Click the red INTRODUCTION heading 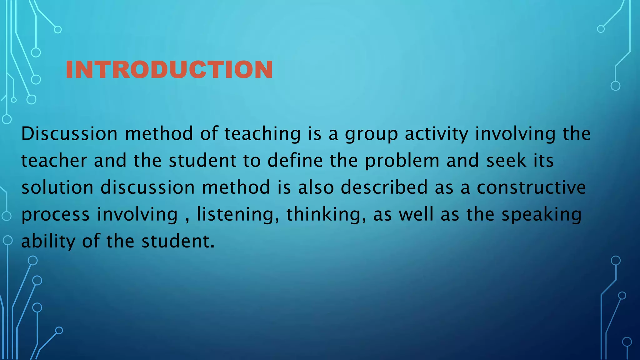[x=169, y=69]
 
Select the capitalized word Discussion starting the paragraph [x=69, y=134]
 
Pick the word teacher [x=54, y=161]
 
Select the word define [x=295, y=161]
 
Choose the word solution [x=57, y=187]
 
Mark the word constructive [x=531, y=187]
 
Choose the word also [x=316, y=187]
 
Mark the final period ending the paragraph [x=213, y=247]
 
